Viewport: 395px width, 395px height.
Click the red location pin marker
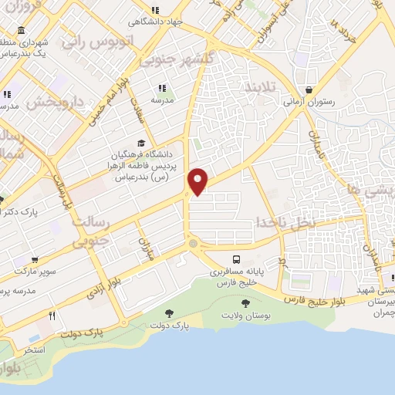198,181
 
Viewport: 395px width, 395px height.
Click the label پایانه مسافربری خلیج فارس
237,279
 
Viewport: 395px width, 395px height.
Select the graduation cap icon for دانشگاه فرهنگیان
140,143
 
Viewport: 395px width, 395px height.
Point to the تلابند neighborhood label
258,86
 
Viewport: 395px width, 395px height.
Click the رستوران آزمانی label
309,101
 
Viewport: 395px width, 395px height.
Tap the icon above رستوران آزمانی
309,89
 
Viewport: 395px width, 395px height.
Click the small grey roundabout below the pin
192,244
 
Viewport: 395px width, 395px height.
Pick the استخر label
32,349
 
